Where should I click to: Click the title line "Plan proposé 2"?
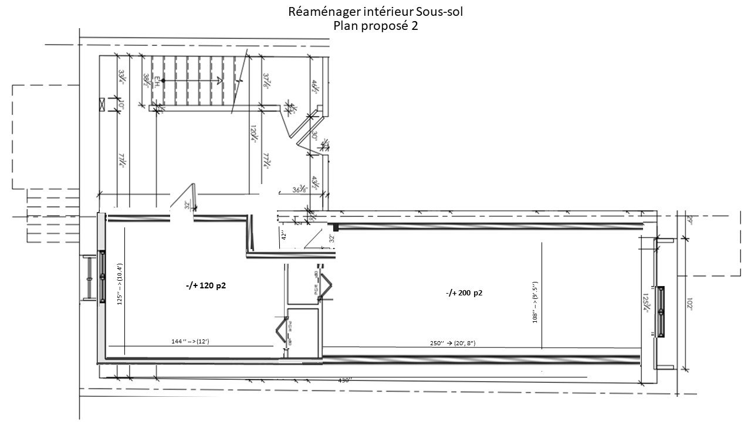pos(375,26)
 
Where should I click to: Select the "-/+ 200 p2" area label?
pos(464,293)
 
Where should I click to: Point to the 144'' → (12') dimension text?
pos(185,341)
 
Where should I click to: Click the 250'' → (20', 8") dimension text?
pos(456,342)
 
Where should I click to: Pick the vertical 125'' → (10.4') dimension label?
pos(119,284)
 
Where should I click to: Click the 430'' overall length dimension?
pos(345,380)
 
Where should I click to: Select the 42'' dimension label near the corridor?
pos(284,235)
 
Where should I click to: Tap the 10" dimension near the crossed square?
pos(121,105)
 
